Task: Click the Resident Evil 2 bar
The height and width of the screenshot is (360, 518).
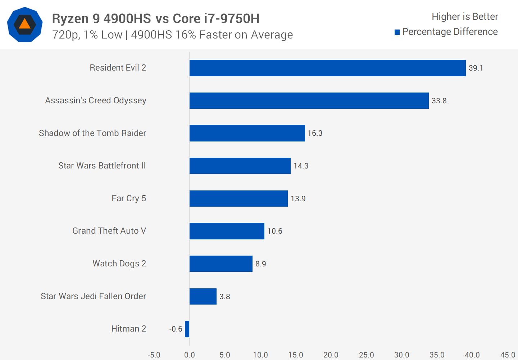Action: click(x=327, y=68)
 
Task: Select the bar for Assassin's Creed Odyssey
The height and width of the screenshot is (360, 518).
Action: click(x=309, y=100)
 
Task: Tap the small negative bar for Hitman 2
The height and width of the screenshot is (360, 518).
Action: click(x=187, y=329)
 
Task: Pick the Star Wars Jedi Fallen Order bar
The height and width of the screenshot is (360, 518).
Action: click(x=203, y=296)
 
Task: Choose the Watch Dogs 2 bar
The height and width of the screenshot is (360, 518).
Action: click(x=221, y=264)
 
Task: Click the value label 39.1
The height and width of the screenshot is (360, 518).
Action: click(x=476, y=68)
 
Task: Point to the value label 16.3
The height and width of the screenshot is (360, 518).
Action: click(x=315, y=133)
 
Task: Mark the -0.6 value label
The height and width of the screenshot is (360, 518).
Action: click(x=176, y=329)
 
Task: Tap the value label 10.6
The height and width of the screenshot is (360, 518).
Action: click(x=274, y=231)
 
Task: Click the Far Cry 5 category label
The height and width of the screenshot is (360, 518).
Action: click(x=129, y=198)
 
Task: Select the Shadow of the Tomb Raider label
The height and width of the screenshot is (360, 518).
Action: click(x=92, y=133)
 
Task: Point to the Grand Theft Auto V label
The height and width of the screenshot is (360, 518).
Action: click(x=109, y=231)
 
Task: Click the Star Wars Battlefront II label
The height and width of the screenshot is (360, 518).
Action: click(x=102, y=166)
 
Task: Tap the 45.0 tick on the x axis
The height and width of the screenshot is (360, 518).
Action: click(x=508, y=355)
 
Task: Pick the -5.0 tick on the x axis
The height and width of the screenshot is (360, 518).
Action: click(x=154, y=355)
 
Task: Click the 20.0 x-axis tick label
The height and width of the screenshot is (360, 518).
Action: click(x=331, y=355)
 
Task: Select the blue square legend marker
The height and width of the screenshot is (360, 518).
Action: click(x=397, y=32)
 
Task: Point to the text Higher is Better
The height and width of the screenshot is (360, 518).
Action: click(x=465, y=17)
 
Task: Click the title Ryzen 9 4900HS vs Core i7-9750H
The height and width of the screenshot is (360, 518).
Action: click(x=156, y=18)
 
